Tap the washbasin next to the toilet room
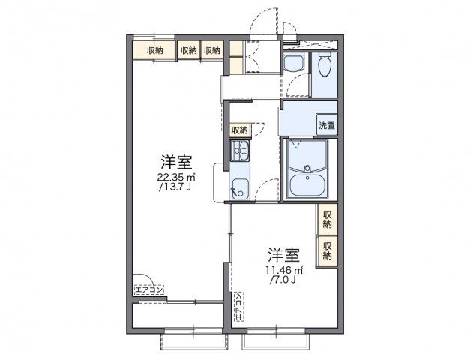(x=292, y=64)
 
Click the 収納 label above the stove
(x=239, y=130)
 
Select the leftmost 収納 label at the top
(x=155, y=50)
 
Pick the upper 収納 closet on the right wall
(x=328, y=219)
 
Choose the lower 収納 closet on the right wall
(x=328, y=250)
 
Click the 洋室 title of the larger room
(x=177, y=162)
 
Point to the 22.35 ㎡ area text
(x=177, y=178)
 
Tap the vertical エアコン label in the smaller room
(x=238, y=306)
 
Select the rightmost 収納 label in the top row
(x=212, y=50)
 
